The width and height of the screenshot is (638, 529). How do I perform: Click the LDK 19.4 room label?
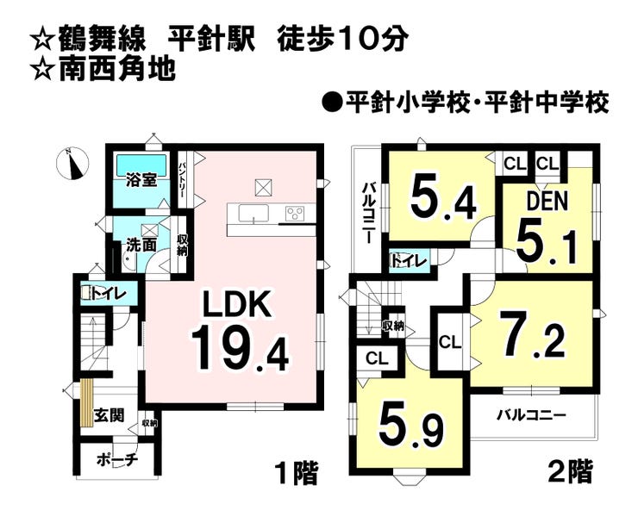tap(237, 332)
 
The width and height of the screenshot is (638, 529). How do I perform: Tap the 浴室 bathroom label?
tap(141, 180)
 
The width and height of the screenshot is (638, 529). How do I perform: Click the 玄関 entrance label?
tap(109, 415)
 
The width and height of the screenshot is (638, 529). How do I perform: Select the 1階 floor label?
tap(296, 472)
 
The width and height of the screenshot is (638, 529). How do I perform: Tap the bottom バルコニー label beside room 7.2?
tap(531, 414)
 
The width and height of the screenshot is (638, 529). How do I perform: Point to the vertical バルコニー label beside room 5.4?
tap(367, 211)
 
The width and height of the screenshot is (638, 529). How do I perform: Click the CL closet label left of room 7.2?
tap(450, 342)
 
